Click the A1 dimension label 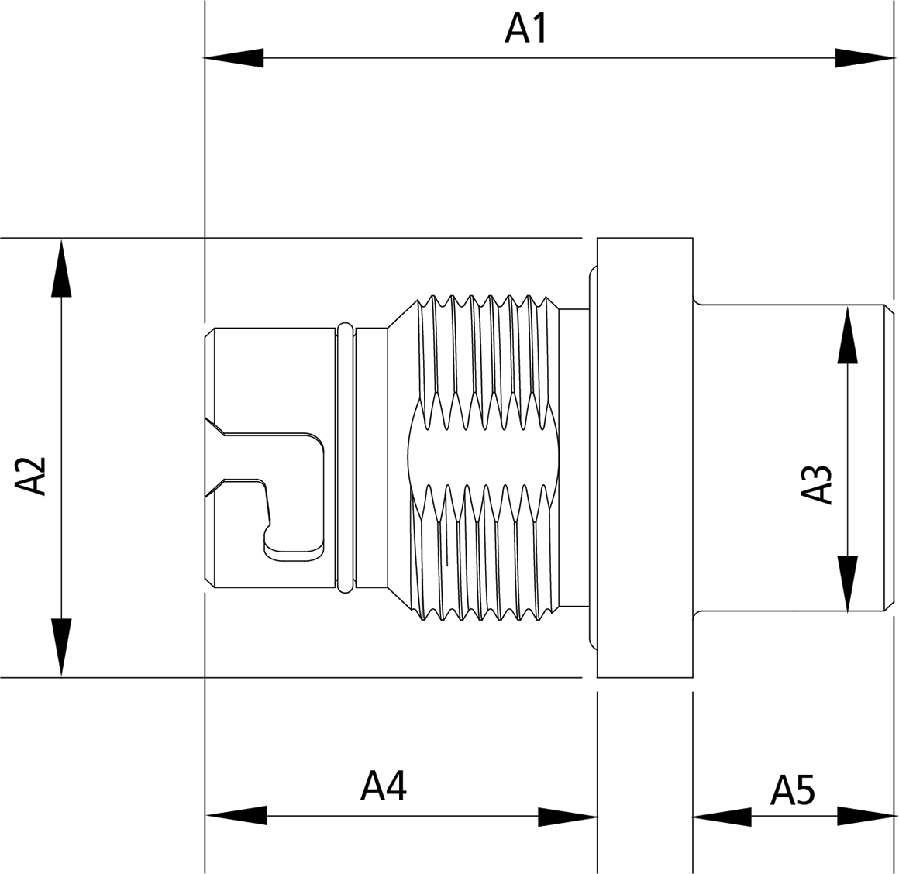[x=526, y=29]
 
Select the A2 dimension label [x=32, y=475]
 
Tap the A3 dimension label [x=817, y=484]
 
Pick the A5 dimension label [x=793, y=791]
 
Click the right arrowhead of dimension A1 [x=865, y=58]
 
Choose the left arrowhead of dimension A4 [x=236, y=816]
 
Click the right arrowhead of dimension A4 [x=567, y=816]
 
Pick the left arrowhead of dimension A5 [x=722, y=816]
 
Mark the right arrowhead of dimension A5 [x=866, y=816]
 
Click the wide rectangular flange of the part [x=643, y=457]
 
